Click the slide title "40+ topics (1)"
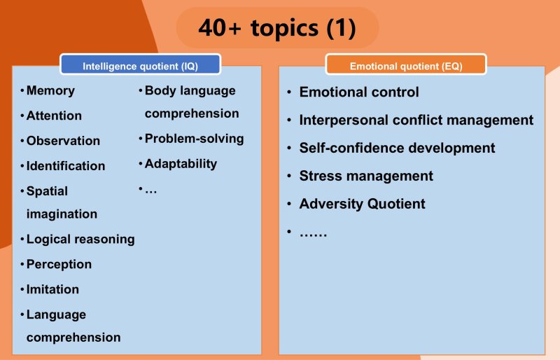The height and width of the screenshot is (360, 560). click(x=277, y=28)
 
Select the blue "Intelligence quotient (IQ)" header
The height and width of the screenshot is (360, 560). click(x=141, y=64)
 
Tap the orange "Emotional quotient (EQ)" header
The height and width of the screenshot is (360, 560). click(x=406, y=64)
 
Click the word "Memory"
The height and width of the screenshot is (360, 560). click(x=50, y=90)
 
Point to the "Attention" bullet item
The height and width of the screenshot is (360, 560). click(x=54, y=116)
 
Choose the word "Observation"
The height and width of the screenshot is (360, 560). click(x=63, y=141)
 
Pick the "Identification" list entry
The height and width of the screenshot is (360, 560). click(x=66, y=166)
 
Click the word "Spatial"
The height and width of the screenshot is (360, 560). click(x=47, y=191)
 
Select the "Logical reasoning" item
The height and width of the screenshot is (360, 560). click(x=80, y=239)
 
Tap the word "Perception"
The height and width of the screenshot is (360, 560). click(x=59, y=264)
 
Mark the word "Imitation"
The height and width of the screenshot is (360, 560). click(x=52, y=289)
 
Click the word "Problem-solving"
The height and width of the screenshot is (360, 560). click(x=195, y=139)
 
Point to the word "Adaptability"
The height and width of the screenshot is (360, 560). click(x=181, y=164)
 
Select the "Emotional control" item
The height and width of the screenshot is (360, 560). click(x=359, y=92)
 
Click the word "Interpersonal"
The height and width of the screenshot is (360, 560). click(x=344, y=120)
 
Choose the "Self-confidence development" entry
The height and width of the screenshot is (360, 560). click(x=397, y=148)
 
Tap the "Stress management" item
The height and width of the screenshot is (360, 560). click(x=366, y=176)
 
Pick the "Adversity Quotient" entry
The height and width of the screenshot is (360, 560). click(x=362, y=204)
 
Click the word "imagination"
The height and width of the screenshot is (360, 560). click(x=62, y=214)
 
